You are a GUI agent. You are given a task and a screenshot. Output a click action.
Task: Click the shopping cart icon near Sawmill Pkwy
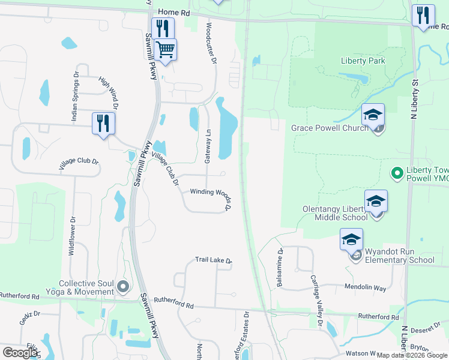click(x=165, y=49)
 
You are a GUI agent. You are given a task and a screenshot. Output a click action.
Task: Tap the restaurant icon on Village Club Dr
click(x=103, y=124)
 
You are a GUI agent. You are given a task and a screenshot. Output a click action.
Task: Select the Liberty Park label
click(x=363, y=61)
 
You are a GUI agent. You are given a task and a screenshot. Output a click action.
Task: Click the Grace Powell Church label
click(x=330, y=128)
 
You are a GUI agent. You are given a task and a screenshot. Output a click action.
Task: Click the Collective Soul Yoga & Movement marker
click(x=124, y=287)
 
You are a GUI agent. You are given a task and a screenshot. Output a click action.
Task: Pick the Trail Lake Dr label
click(x=213, y=260)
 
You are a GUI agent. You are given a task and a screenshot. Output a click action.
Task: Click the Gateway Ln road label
click(x=208, y=146)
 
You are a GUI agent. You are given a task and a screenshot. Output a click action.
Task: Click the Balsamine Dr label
click(x=280, y=267)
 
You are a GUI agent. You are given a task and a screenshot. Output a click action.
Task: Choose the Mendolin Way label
click(x=365, y=287)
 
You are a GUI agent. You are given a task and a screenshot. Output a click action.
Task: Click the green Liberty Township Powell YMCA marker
click(x=396, y=174)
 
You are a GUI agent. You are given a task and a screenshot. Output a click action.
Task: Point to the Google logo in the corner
click(x=20, y=353)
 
